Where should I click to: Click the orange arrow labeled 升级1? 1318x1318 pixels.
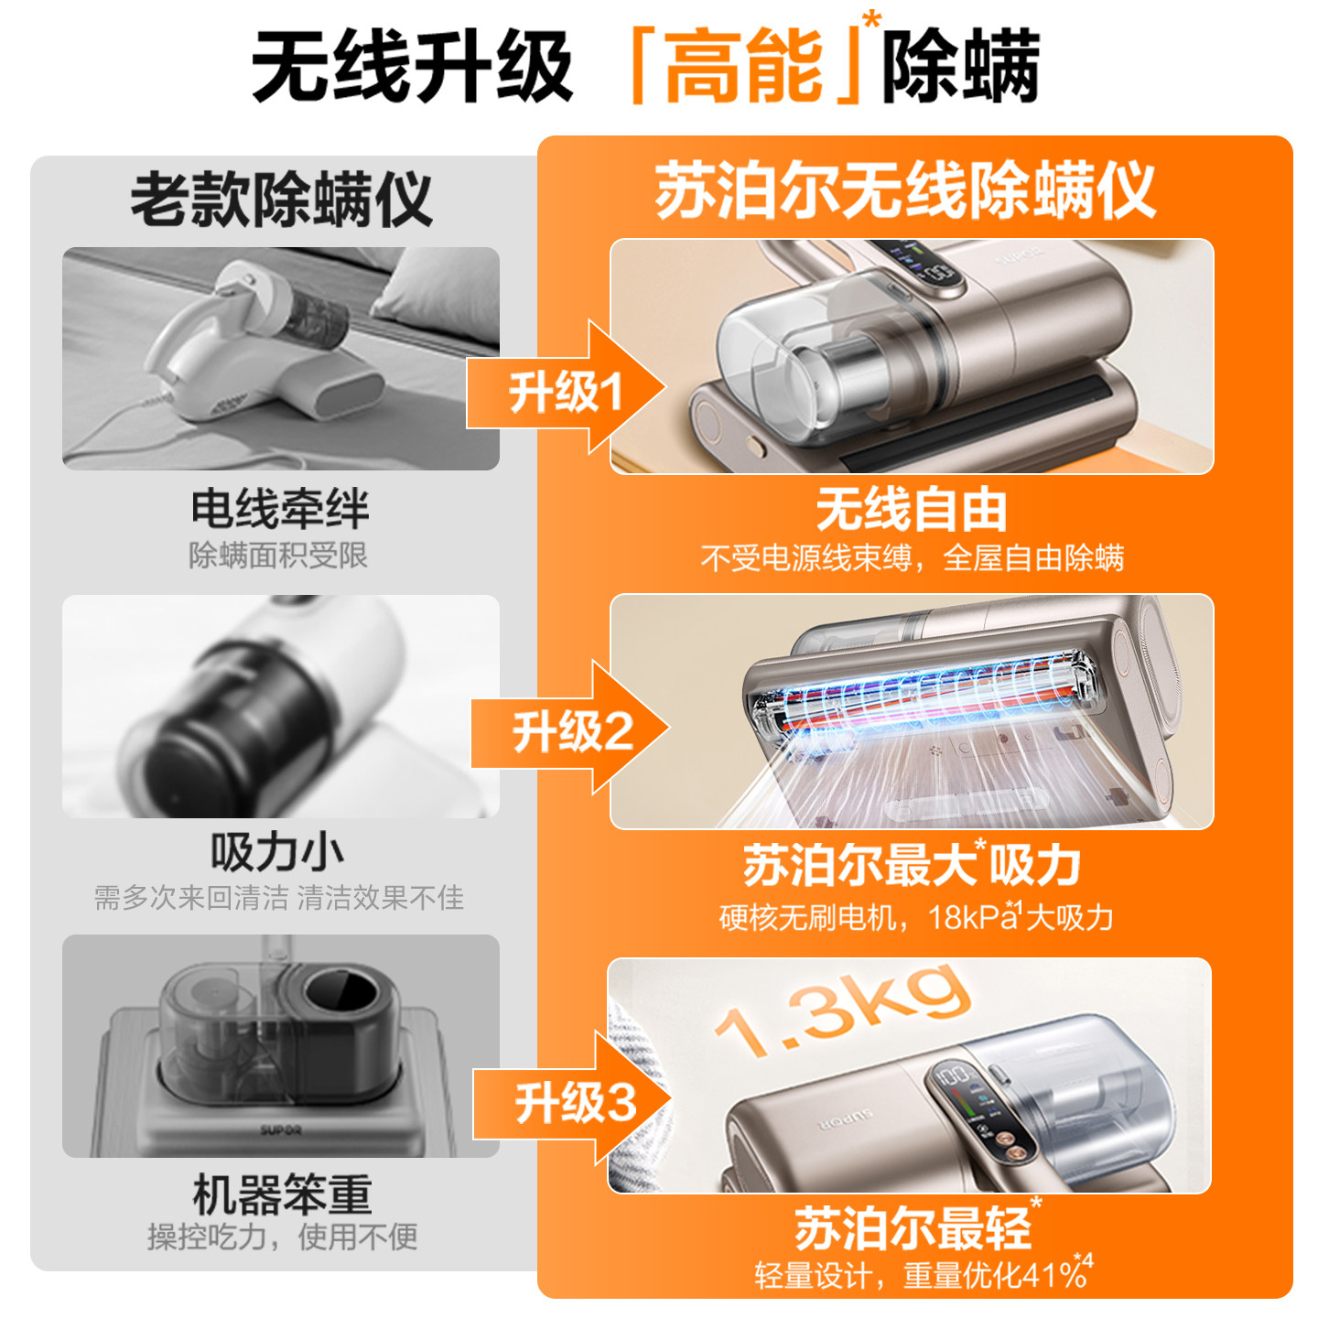point(565,388)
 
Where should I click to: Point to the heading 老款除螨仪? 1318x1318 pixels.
point(281,199)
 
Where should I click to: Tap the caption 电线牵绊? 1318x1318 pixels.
point(280,509)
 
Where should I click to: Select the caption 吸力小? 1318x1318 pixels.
point(277,851)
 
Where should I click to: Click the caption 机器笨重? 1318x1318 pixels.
point(283,1194)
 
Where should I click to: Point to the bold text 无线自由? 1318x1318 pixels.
point(911,510)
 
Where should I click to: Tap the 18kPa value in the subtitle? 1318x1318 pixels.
point(972,917)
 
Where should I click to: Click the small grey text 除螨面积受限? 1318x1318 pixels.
point(277,556)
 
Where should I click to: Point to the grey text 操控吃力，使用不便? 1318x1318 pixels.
point(282,1237)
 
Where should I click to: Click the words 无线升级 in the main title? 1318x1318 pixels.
point(413,67)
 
